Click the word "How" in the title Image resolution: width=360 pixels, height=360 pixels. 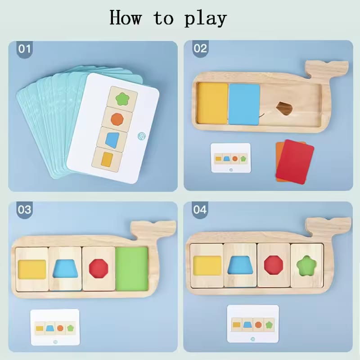coord(126,17)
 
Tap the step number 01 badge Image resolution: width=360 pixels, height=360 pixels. coord(25,49)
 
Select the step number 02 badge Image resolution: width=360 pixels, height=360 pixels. coord(200,49)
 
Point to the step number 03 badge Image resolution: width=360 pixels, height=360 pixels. coord(25,210)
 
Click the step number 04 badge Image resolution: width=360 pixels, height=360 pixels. coord(200,210)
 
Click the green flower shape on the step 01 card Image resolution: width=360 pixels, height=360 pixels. coord(123,99)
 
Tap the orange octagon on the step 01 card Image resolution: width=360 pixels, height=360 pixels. coord(117,119)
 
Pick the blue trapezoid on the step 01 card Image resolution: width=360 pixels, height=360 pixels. coord(112,140)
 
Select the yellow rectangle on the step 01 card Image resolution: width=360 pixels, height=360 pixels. coord(107,159)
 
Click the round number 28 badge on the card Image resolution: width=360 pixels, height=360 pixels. coord(142,136)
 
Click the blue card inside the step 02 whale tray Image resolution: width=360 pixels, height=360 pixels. coord(244,104)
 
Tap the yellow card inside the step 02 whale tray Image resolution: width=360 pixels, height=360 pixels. coord(212,103)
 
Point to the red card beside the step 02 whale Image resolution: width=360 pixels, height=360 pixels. coord(295,162)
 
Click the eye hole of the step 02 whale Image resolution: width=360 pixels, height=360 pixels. coord(284,108)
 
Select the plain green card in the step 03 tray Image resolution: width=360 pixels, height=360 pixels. coord(132,269)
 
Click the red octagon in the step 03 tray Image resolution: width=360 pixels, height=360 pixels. coord(99,268)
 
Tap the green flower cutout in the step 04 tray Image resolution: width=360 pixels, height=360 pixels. coord(306,266)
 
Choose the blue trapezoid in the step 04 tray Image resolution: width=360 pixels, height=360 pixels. coord(240,265)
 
